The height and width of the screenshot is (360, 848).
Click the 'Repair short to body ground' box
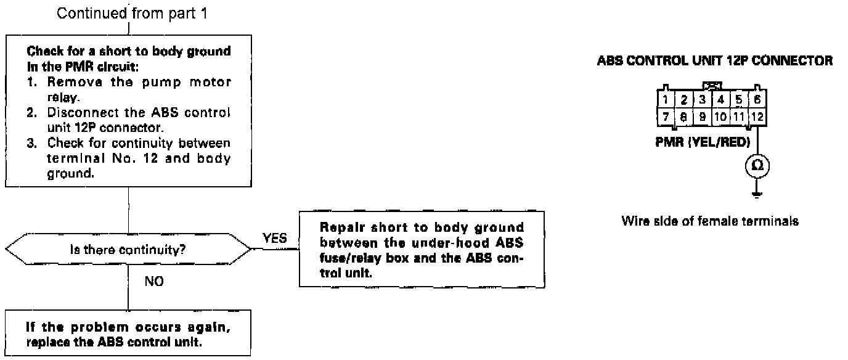[x=422, y=249]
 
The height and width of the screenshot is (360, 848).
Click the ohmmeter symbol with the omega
[x=757, y=165]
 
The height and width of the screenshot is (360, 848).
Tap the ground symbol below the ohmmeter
[x=757, y=194]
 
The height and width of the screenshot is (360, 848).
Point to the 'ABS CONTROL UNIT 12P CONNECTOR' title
[x=715, y=61]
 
